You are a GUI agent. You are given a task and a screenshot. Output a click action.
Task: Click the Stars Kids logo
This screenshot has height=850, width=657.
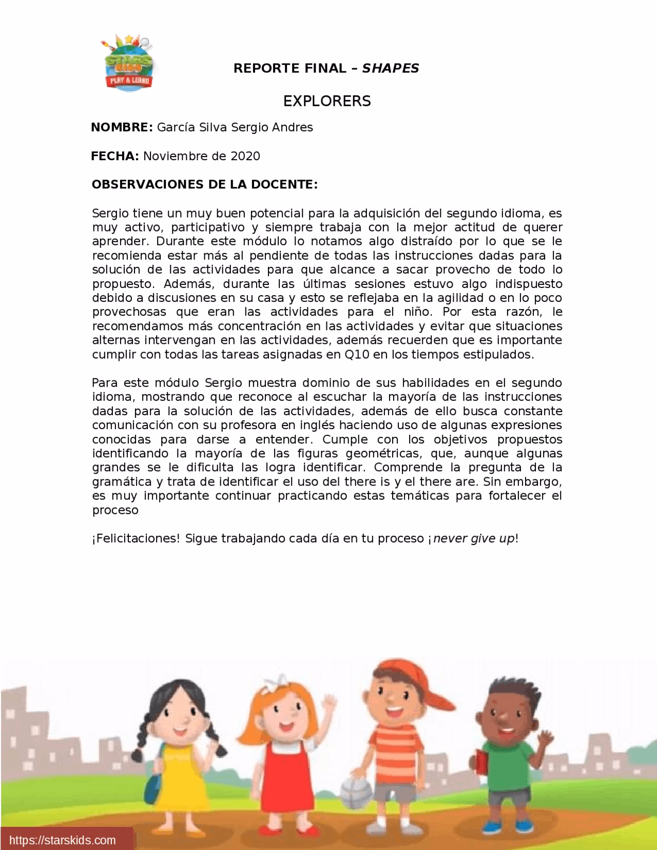(128, 64)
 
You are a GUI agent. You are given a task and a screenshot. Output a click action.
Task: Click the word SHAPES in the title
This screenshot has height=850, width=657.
(391, 68)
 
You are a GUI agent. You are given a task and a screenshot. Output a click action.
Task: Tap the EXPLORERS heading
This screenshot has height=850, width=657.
(327, 101)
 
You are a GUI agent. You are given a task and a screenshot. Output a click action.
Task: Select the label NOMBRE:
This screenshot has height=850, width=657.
(122, 127)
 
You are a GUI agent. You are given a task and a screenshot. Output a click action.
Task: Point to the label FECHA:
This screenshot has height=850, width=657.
(115, 156)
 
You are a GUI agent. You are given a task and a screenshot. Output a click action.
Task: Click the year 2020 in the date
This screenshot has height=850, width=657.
(245, 156)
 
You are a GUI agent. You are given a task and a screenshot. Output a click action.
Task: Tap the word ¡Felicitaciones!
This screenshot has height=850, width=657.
(136, 538)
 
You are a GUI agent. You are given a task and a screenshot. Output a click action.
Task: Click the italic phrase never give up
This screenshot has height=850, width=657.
(473, 538)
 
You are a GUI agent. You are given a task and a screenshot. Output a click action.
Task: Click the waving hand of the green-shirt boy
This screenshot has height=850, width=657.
(546, 739)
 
